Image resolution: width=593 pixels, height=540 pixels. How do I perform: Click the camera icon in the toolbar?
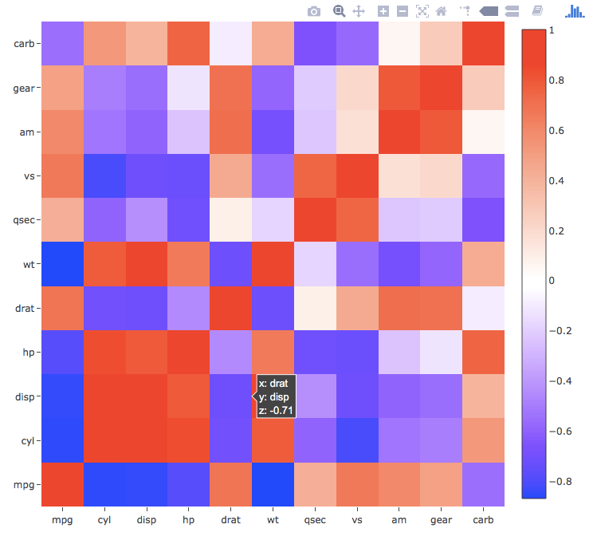tap(314, 11)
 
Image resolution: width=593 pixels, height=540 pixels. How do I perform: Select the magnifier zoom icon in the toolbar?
tap(339, 11)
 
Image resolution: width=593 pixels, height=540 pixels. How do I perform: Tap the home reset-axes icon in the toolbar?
tap(441, 11)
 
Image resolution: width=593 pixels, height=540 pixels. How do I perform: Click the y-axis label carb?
tap(23, 43)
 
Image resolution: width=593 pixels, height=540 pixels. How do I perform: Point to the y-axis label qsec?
tap(22, 219)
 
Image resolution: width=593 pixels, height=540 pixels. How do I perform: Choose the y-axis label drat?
tap(23, 308)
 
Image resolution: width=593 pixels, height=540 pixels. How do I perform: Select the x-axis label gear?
tap(441, 520)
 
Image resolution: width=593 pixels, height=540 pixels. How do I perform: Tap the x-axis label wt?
tap(273, 520)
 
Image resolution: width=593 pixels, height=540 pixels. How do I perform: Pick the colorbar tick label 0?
tap(551, 280)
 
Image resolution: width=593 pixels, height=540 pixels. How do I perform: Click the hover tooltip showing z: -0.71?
tap(275, 396)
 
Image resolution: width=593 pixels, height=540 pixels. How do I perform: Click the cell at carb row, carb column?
tap(483, 43)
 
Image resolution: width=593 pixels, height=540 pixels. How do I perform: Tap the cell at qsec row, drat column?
tap(230, 219)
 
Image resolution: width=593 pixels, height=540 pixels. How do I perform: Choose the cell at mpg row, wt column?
tap(273, 484)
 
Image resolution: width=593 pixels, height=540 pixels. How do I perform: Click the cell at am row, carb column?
tap(483, 132)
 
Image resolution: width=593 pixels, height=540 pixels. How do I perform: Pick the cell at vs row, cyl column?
tap(104, 175)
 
